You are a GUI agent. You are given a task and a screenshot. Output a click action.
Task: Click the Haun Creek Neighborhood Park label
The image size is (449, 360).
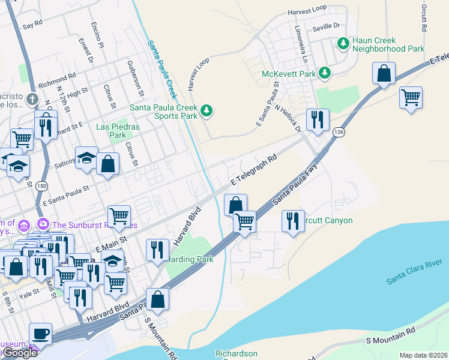point(388,44)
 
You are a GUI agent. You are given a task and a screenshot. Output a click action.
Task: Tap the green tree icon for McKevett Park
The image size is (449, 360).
point(325,73)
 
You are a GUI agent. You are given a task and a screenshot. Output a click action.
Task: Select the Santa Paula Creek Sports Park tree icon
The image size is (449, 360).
point(206,110)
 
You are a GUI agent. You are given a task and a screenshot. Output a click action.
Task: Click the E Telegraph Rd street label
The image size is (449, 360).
point(255,170)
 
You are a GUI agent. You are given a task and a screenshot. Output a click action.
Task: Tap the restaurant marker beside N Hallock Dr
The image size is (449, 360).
point(317,119)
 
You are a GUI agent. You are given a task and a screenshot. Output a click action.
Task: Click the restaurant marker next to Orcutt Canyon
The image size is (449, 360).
point(292,220)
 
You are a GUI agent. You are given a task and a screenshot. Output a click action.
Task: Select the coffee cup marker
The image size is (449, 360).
point(40,333)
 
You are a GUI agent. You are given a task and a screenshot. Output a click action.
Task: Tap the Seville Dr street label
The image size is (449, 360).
point(327,26)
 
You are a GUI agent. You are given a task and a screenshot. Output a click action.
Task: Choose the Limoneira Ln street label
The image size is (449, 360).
point(301,44)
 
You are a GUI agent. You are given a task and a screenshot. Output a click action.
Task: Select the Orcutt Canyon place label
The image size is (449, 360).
point(329,220)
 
